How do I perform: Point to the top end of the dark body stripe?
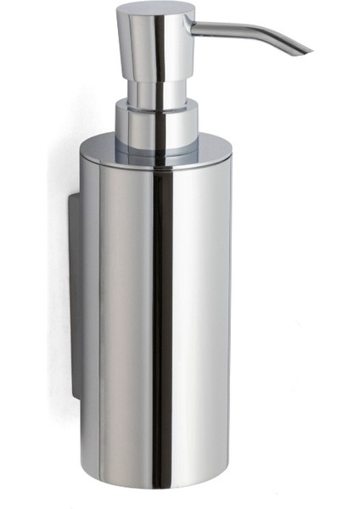tap(156, 170)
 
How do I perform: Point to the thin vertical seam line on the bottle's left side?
tap(99, 322)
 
